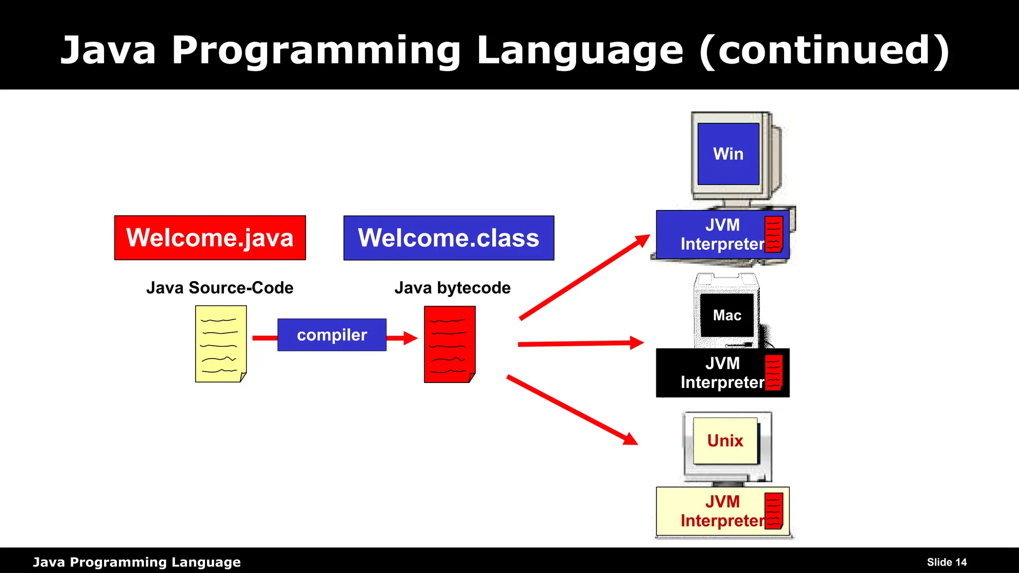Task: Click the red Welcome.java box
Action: click(209, 238)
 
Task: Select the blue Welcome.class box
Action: click(448, 238)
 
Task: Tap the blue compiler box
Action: click(331, 335)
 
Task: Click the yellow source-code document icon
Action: click(220, 344)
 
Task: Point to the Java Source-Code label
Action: click(219, 287)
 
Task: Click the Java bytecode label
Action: click(452, 287)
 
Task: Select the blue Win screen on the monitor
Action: click(728, 154)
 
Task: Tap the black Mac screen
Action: click(726, 315)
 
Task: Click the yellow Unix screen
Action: click(725, 441)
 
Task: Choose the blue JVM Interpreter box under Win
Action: click(712, 234)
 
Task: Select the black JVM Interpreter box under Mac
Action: click(712, 373)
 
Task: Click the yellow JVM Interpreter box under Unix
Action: click(712, 511)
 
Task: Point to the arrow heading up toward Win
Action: click(585, 277)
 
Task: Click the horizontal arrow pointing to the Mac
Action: click(580, 343)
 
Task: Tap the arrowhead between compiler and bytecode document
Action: click(409, 338)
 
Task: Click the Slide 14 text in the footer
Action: click(946, 562)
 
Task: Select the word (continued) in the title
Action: click(824, 50)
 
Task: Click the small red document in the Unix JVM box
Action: click(773, 511)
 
